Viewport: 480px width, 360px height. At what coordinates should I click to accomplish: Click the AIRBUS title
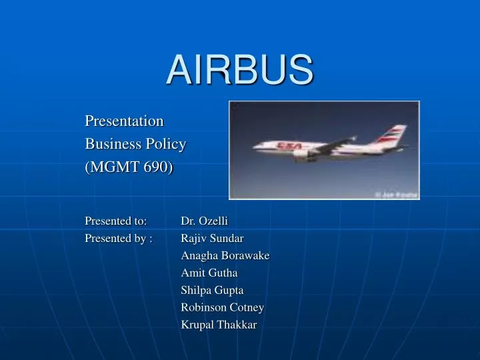(239, 69)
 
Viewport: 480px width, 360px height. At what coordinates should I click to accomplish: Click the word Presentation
(124, 121)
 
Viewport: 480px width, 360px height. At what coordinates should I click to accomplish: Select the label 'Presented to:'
(115, 221)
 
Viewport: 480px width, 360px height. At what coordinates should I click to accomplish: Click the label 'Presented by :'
(118, 238)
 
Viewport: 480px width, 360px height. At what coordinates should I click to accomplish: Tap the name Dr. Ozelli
(205, 221)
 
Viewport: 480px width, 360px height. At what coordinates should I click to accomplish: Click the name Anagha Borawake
(225, 255)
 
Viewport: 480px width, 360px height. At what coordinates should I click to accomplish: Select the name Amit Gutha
(209, 273)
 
